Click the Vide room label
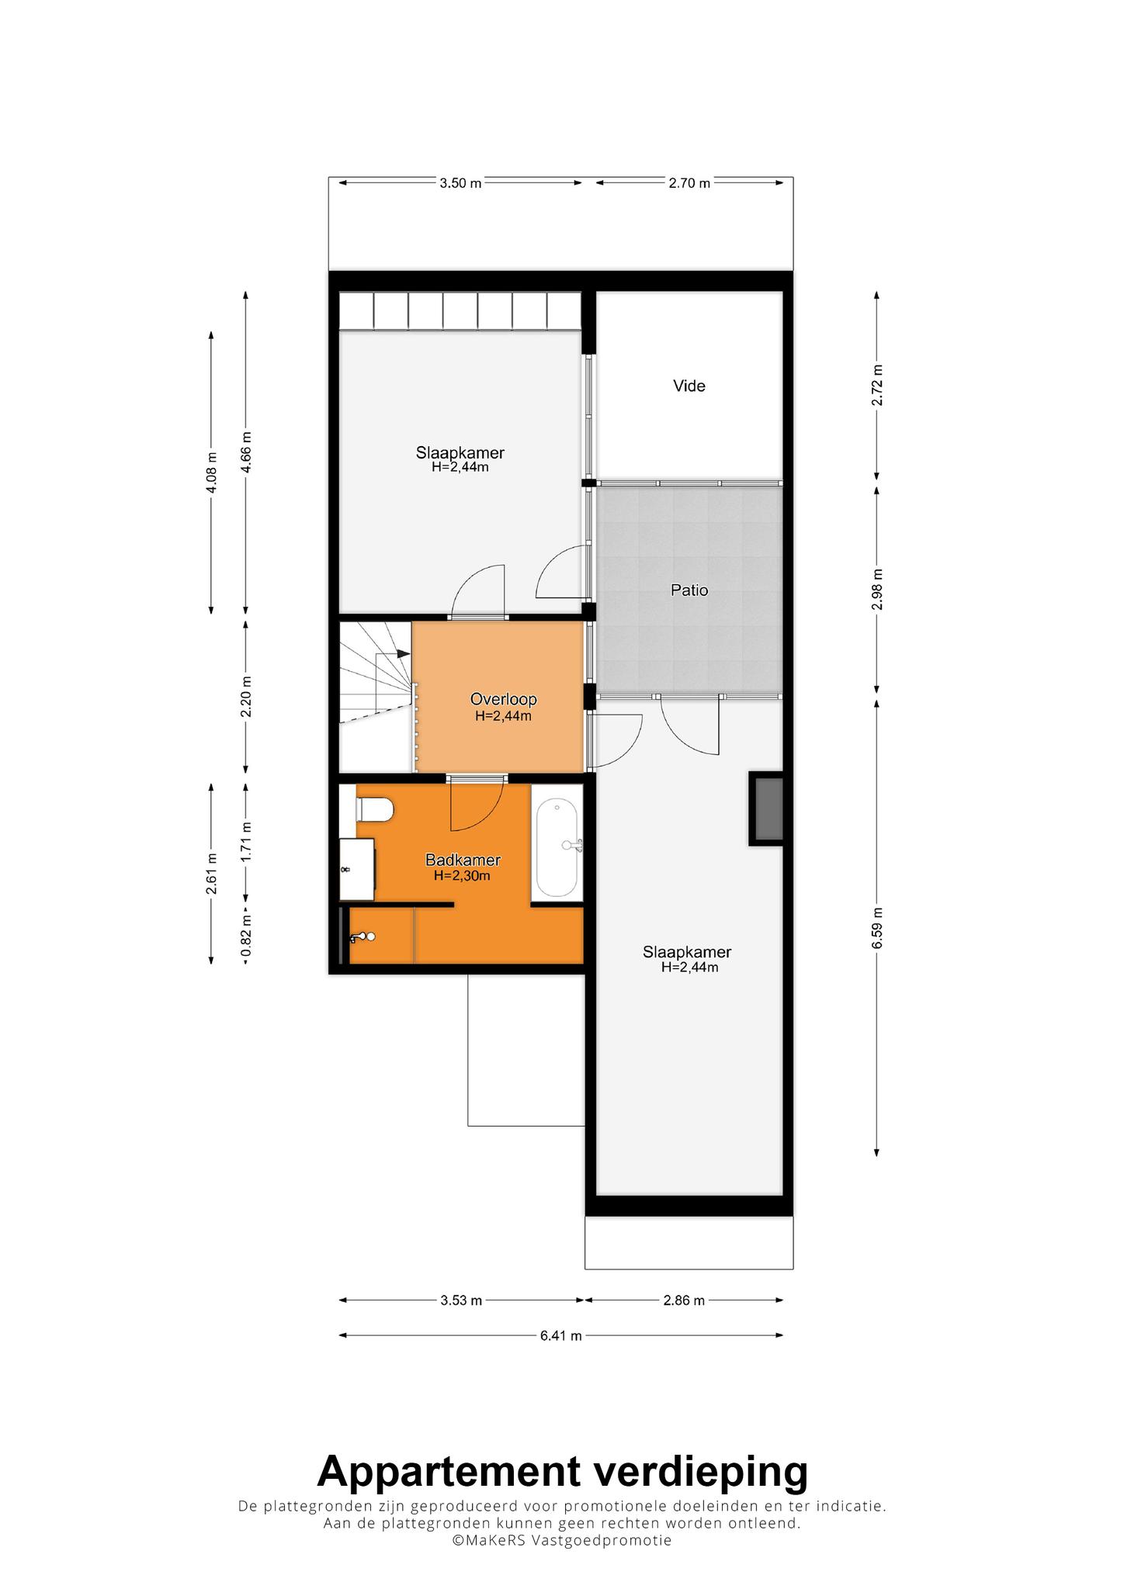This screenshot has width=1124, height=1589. click(x=689, y=386)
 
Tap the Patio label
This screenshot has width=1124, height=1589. click(x=689, y=590)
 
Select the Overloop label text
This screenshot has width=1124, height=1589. click(x=503, y=699)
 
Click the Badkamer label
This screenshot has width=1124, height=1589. click(x=463, y=860)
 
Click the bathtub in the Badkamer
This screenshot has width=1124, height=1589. click(x=557, y=849)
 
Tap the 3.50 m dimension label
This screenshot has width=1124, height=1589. click(x=460, y=183)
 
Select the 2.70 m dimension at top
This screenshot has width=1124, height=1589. click(x=689, y=183)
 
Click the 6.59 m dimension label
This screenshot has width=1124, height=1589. click(x=877, y=928)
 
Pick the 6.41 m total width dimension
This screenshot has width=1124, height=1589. click(x=561, y=1335)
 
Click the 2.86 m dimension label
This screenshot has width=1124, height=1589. click(x=684, y=1300)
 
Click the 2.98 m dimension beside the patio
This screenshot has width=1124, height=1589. click(x=877, y=590)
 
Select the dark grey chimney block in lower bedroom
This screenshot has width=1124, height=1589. click(x=766, y=808)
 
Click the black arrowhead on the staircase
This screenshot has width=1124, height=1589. click(x=404, y=653)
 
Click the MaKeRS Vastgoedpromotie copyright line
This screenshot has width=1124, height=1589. click(x=562, y=1540)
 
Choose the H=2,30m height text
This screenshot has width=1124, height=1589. click(x=463, y=876)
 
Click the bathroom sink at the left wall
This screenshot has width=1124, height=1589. click(x=357, y=869)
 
